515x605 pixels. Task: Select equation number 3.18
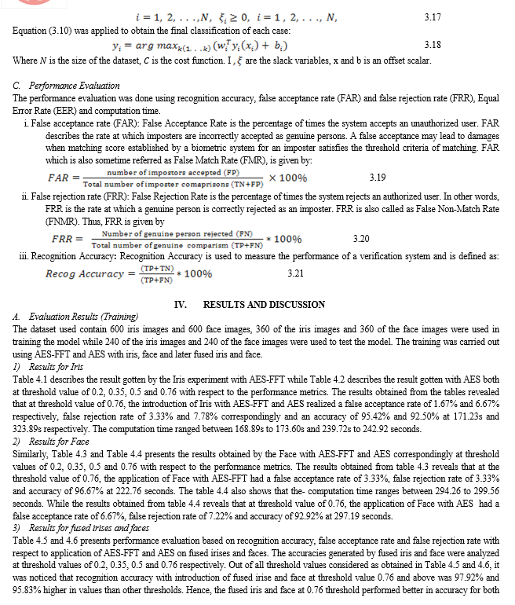[x=432, y=46]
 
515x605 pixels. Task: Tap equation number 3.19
[x=378, y=178]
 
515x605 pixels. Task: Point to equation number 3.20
[x=361, y=238]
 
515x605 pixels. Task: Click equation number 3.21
[x=296, y=273]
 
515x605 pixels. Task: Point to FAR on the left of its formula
[x=60, y=178]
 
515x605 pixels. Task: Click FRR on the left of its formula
[x=63, y=238]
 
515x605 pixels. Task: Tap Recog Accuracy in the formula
[x=85, y=273]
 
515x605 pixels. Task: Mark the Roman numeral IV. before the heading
[x=178, y=304]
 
